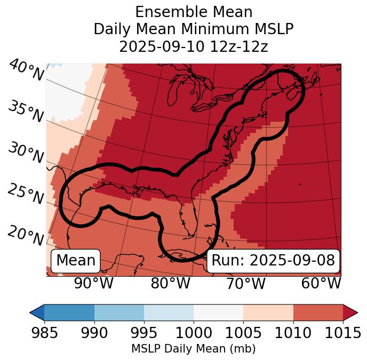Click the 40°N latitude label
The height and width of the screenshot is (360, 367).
(x=26, y=71)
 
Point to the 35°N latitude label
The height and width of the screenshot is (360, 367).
(x=26, y=112)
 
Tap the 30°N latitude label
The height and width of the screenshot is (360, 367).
(x=26, y=153)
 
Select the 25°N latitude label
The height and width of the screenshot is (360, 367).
(x=26, y=194)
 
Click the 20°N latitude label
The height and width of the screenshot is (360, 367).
(x=26, y=236)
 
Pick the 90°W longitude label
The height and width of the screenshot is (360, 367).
(x=94, y=284)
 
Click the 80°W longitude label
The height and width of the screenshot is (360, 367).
(x=171, y=284)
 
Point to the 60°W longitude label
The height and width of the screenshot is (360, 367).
(x=321, y=284)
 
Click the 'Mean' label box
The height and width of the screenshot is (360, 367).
(x=76, y=261)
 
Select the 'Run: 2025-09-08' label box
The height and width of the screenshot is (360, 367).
(x=273, y=261)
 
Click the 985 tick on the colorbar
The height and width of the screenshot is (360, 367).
(x=44, y=333)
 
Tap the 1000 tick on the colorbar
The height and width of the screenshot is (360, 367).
(x=194, y=333)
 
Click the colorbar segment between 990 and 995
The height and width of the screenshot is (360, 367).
(x=119, y=312)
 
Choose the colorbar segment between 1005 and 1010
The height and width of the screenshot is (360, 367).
(x=268, y=312)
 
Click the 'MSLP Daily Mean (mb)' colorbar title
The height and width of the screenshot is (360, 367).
(x=194, y=349)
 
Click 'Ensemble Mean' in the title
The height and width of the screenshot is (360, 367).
(x=194, y=12)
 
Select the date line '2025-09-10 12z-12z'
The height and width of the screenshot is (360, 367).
(x=194, y=46)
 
